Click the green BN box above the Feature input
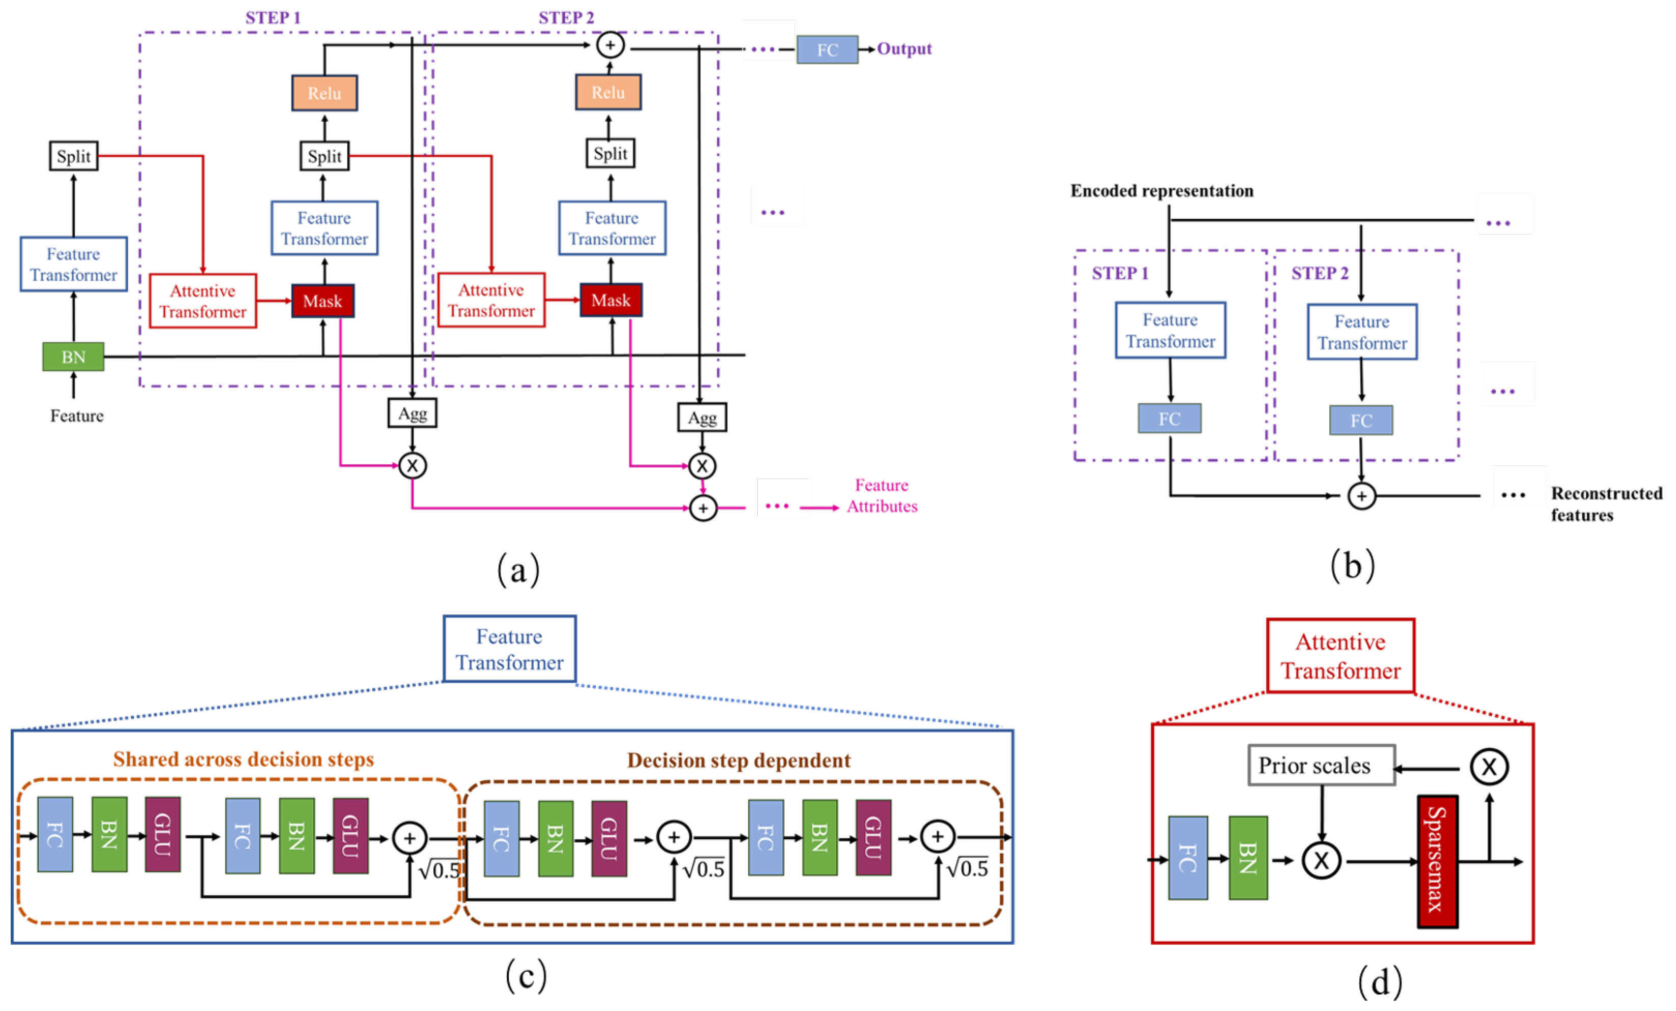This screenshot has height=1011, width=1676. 73,356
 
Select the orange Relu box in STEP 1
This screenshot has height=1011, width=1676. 324,93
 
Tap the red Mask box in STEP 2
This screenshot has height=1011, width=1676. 611,300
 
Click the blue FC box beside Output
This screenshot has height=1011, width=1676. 827,49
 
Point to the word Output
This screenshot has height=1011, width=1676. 904,49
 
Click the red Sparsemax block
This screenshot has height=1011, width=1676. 1437,861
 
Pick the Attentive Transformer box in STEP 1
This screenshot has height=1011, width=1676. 203,301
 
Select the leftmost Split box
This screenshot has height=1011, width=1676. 73,156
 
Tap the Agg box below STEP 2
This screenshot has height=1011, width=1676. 702,417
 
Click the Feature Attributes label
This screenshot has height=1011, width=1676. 882,496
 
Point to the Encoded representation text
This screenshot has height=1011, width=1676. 1162,191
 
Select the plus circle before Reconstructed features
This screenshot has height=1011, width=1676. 1361,496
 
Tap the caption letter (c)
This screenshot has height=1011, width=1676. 526,976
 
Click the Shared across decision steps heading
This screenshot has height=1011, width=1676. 243,760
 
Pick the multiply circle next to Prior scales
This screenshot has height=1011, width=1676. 1489,767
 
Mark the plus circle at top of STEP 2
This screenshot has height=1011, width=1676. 610,45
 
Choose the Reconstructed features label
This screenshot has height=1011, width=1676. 1606,504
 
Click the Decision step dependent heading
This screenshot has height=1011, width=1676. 738,760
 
